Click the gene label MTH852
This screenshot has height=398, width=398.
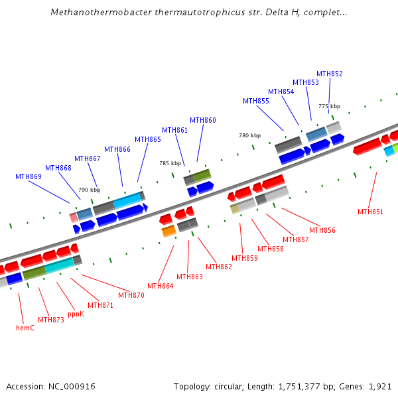330,74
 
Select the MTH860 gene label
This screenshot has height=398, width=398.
203,120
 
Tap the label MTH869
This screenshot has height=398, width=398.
29,176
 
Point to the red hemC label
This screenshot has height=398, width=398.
25,328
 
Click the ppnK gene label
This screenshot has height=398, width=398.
76,314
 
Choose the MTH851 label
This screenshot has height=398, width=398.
370,212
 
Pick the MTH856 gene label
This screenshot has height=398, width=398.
322,230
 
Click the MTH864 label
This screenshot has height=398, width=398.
161,286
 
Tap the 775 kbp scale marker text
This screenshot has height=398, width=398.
329,106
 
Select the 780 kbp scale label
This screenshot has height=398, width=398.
250,135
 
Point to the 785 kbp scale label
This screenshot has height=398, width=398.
170,163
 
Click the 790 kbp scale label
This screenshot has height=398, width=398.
89,190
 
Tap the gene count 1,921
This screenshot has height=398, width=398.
380,386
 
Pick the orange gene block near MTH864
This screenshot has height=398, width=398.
168,230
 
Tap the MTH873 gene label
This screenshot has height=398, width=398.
51,320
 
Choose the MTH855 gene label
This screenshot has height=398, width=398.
256,101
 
